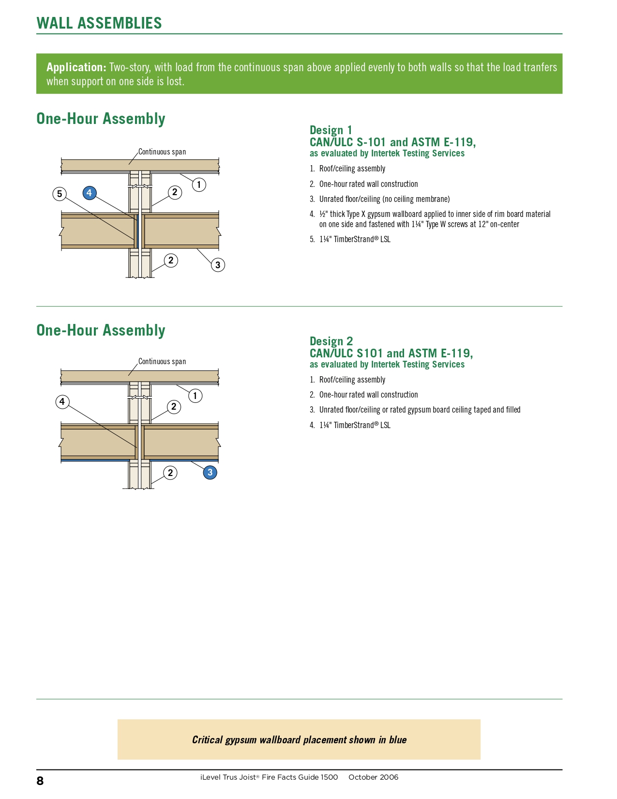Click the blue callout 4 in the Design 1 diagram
89,193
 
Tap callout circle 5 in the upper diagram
60,194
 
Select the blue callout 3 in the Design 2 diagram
210,472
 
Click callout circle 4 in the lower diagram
62,401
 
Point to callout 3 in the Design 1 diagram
218,265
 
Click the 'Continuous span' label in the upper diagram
162,152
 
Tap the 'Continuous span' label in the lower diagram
162,362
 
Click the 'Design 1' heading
331,130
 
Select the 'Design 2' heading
331,341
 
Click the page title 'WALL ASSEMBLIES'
99,23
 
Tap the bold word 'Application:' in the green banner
76,67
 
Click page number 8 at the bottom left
40,781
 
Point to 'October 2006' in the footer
373,777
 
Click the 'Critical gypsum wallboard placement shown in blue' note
299,739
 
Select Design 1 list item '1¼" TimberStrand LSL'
355,239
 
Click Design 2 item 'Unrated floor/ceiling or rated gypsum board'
420,410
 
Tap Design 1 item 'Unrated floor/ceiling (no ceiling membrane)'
384,199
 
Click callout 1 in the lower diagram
195,396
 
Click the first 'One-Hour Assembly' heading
101,119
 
